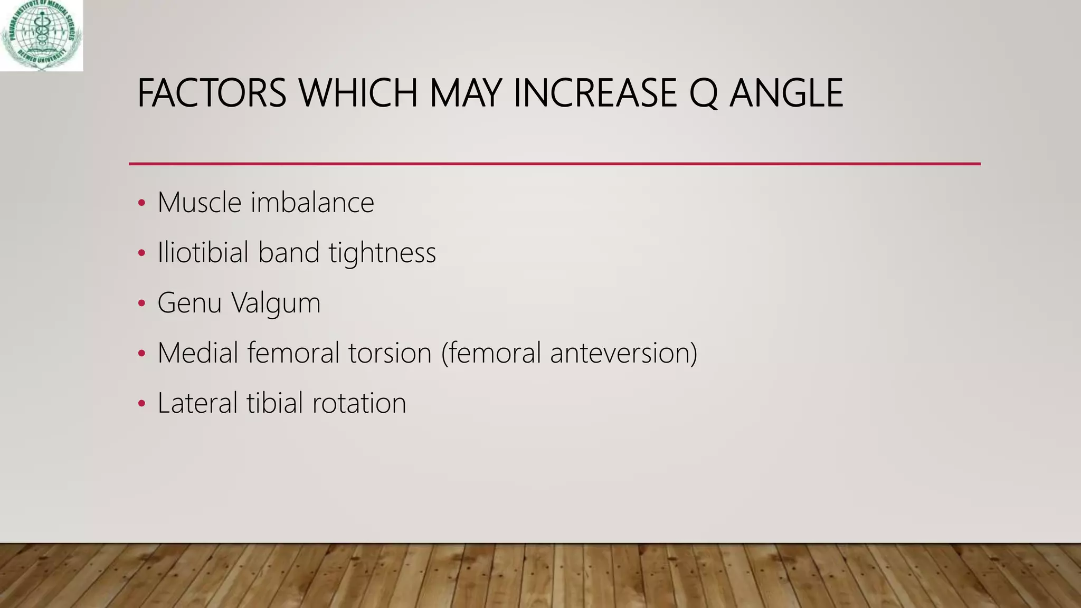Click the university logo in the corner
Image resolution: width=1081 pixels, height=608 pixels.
(41, 35)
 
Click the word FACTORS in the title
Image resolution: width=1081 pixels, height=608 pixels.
(211, 93)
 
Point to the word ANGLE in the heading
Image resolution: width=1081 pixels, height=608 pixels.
(786, 93)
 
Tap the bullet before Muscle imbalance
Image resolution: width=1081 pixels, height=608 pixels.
(141, 204)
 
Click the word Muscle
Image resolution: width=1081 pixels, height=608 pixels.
(200, 203)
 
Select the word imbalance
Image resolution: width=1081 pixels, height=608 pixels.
(312, 203)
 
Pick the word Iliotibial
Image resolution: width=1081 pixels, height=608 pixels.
(203, 252)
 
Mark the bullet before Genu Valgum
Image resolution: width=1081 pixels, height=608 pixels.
(141, 304)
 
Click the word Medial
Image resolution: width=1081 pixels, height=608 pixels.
(198, 353)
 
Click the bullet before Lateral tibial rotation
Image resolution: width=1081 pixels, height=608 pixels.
(141, 404)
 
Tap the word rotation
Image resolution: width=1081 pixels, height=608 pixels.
(359, 403)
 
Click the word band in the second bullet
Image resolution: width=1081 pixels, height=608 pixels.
(289, 252)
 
